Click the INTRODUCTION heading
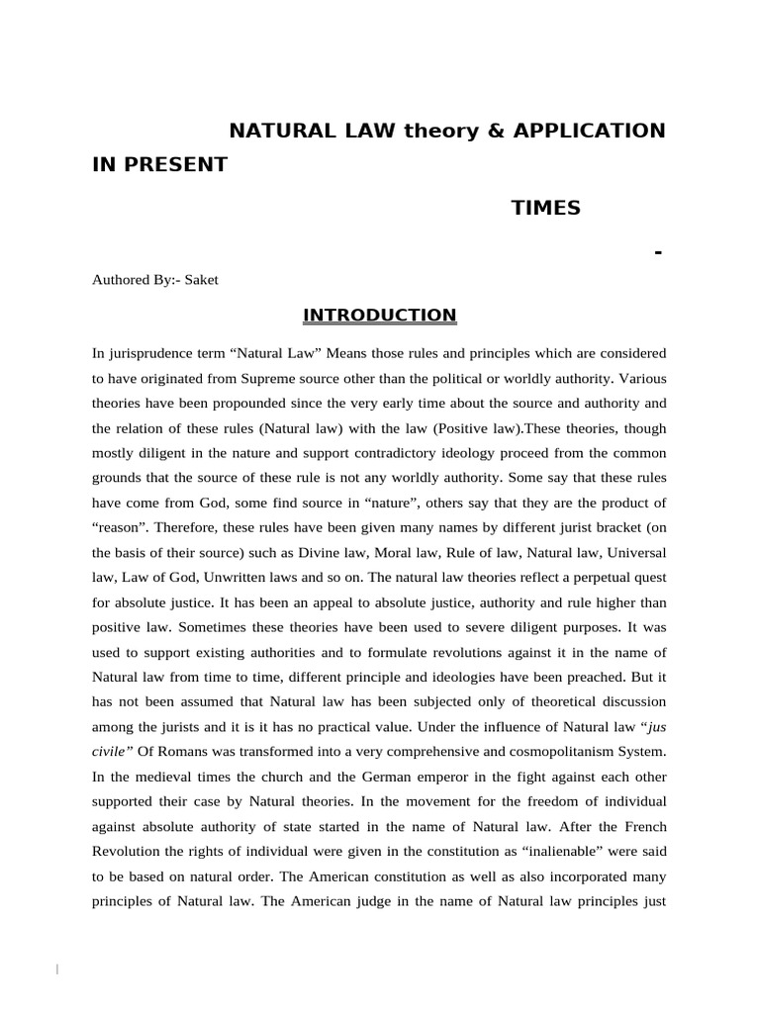click(x=379, y=316)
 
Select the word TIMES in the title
click(x=545, y=208)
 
